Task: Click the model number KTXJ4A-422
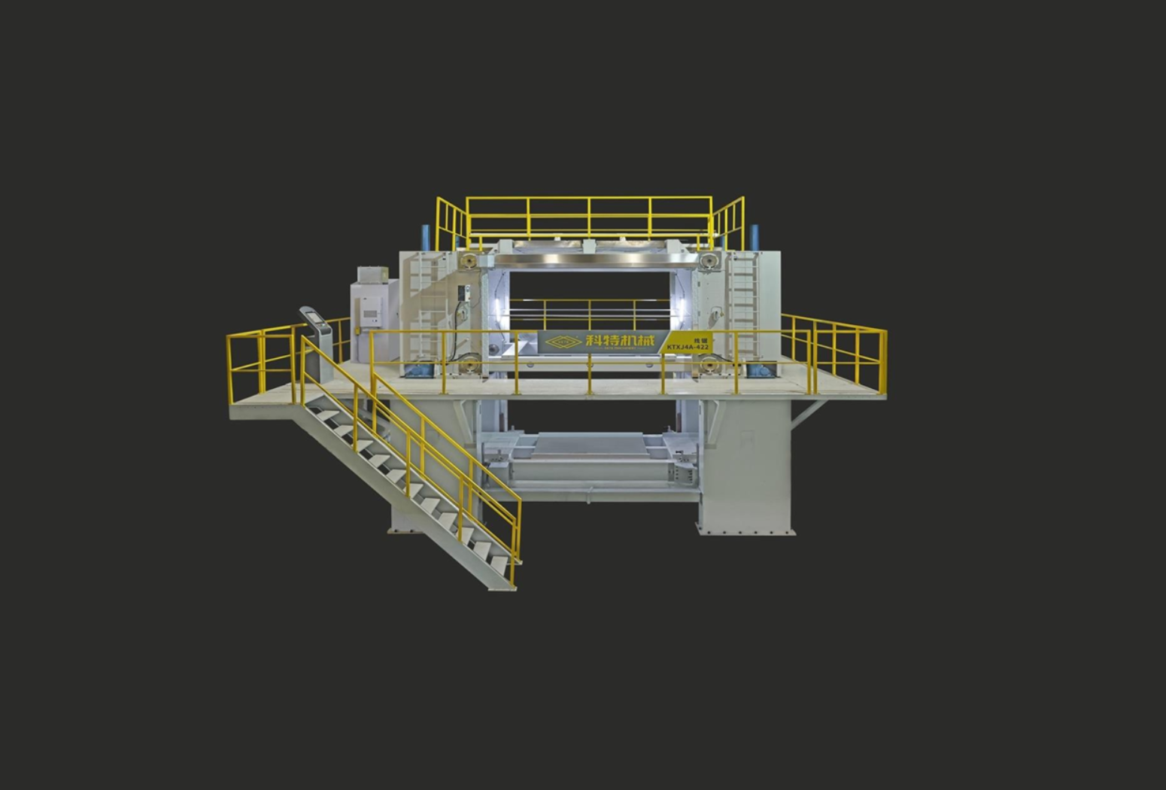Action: point(688,347)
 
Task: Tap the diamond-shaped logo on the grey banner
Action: point(563,342)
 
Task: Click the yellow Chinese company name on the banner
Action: point(621,341)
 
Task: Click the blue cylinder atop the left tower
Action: point(425,235)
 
